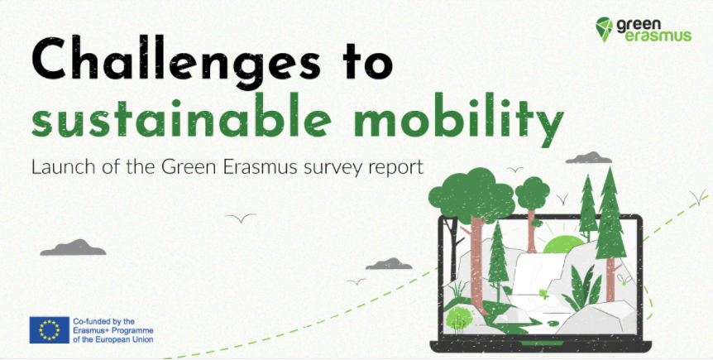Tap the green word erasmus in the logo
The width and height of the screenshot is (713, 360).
coord(658,36)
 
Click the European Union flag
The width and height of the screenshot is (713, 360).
coord(50,330)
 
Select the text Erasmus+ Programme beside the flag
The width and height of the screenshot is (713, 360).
coord(113,330)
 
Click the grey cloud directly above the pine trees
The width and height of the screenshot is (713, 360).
coord(588,158)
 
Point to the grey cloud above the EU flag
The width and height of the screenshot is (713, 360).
coord(73,247)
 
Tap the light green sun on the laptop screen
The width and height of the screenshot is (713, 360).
coord(564,245)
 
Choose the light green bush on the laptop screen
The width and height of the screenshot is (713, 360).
coord(460,318)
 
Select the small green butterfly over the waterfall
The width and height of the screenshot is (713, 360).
coord(543,293)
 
